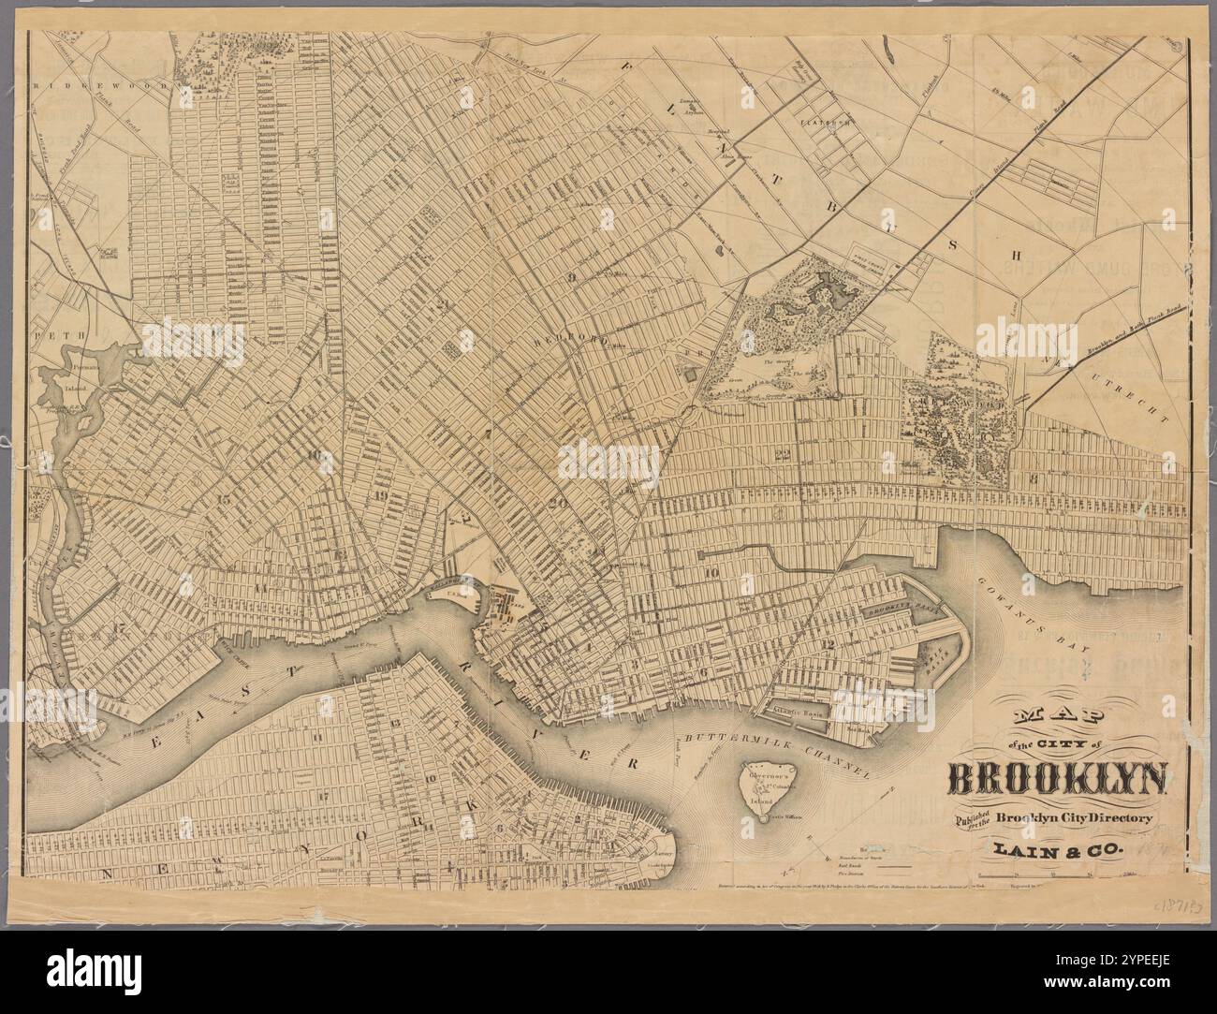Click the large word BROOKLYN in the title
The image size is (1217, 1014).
(x=1058, y=779)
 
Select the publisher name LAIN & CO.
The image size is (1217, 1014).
(x=1058, y=851)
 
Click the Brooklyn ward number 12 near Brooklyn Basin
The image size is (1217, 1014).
(x=828, y=645)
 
